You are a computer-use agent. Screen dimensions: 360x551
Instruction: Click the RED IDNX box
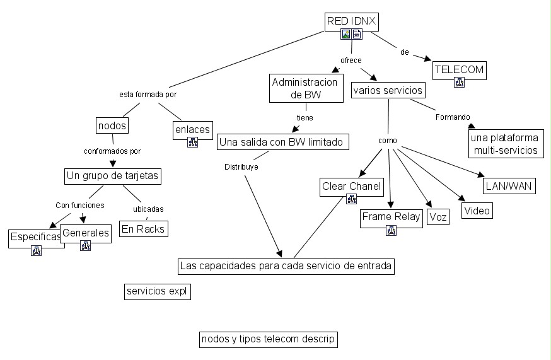351,22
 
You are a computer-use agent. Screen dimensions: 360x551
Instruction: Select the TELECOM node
459,70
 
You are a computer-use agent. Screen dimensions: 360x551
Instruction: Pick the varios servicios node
388,90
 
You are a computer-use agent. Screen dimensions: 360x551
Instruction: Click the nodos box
113,125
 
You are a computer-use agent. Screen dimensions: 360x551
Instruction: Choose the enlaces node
192,129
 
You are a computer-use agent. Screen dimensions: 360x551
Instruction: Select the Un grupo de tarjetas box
113,176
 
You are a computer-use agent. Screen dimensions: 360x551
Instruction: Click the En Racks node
143,229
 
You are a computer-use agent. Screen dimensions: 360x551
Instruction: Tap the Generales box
86,233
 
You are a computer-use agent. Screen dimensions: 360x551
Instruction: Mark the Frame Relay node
391,218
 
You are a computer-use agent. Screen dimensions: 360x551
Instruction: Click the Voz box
438,218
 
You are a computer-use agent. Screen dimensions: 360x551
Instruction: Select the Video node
477,211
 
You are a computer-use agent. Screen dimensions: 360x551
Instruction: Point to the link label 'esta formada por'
148,95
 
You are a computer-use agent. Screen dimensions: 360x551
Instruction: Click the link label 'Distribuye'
241,167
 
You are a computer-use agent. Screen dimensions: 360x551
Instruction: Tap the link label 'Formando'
453,117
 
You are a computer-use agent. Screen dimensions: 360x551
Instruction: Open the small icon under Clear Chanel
352,200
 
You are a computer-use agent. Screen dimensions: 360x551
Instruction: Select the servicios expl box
158,291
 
